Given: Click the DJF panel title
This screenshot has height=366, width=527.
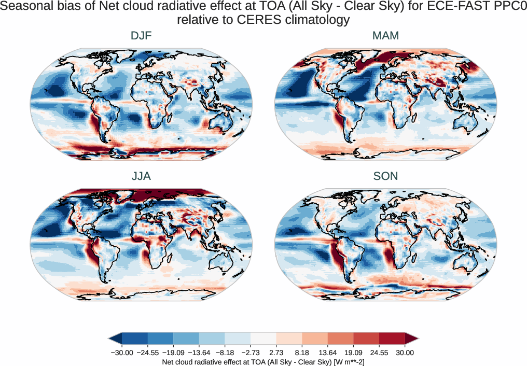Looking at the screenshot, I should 141,36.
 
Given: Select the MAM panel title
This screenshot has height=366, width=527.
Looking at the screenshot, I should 385,36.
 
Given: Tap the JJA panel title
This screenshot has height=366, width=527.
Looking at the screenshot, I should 141,176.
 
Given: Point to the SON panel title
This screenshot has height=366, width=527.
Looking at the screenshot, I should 385,176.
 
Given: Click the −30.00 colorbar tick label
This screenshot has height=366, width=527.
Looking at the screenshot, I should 122,353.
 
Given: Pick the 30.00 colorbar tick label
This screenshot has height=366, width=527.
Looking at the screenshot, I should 405,353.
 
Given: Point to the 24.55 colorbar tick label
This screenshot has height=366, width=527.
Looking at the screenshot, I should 379,353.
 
